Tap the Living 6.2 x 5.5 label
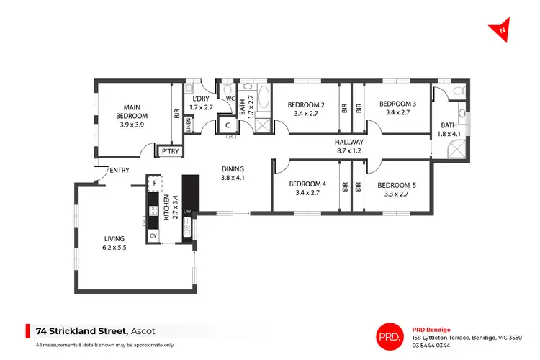(x=114, y=243)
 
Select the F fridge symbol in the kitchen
(x=153, y=184)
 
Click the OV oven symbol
(x=153, y=235)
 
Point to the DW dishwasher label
(x=187, y=211)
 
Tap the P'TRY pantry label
(x=170, y=152)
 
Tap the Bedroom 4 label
(x=308, y=188)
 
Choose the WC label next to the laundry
(x=230, y=99)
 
